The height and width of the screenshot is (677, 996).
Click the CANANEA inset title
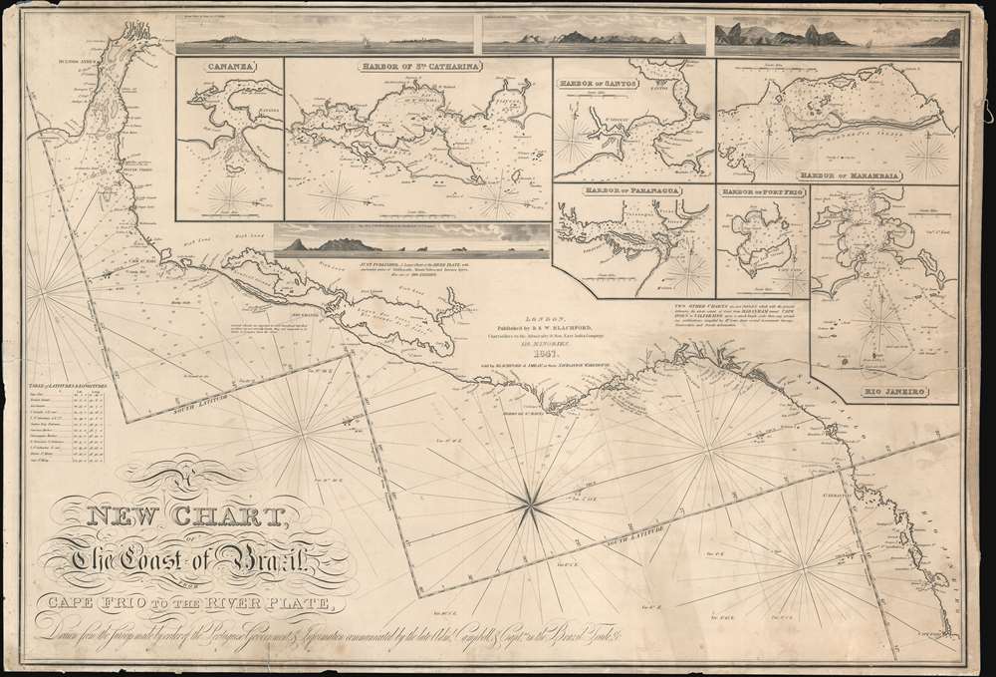[228, 69]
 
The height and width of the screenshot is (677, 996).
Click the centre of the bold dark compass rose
[530, 500]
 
